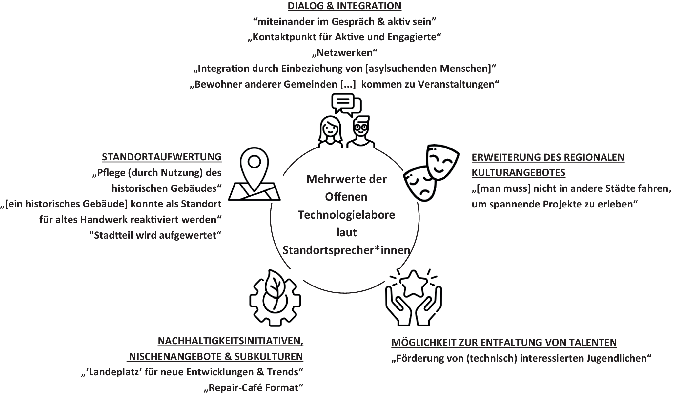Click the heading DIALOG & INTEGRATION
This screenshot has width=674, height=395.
point(344,6)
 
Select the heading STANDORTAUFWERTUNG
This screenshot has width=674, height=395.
point(162,157)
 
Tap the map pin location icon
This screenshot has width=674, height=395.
point(254,174)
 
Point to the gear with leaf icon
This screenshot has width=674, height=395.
point(275,298)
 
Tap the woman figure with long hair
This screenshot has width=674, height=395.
point(330,133)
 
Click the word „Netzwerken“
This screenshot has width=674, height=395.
point(344,53)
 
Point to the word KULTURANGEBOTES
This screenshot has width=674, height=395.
point(518,173)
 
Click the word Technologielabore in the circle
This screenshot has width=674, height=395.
point(346,215)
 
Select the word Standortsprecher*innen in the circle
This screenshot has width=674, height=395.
point(346,250)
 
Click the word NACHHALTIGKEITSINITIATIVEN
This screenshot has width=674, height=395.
point(230,341)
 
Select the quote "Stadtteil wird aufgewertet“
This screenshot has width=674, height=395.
point(155,235)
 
